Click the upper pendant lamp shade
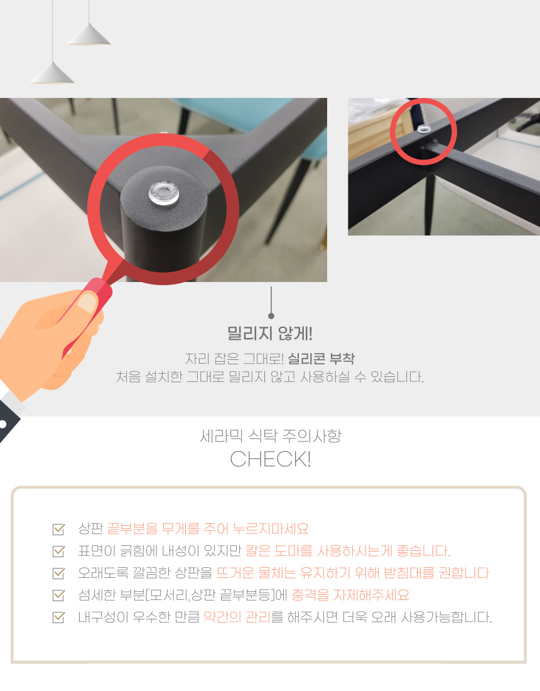[89, 35]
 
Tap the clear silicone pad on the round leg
[163, 193]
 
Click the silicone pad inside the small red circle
[424, 129]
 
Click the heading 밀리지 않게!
[270, 333]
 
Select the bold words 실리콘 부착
[321, 359]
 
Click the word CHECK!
[271, 459]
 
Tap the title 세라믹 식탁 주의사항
[271, 436]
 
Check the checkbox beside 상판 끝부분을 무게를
[58, 529]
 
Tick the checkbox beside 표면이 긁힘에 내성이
[58, 551]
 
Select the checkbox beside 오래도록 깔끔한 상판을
[58, 573]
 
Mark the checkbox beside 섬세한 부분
[58, 595]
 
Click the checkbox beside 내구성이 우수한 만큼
[58, 617]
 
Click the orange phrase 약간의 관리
[237, 617]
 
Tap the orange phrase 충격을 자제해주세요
[350, 595]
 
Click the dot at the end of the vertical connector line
[271, 316]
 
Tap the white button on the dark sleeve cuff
[3, 424]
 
